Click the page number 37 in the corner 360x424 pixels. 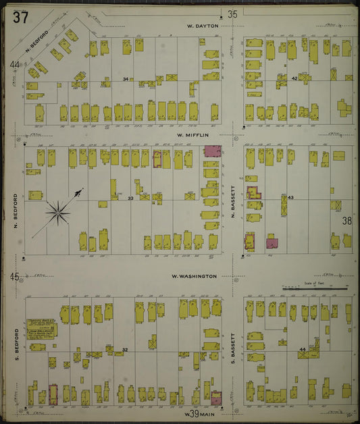coord(20,18)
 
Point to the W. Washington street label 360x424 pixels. coord(194,276)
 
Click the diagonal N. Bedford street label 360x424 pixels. coord(37,42)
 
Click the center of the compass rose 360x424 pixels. coord(59,214)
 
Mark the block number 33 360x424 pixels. coord(130,198)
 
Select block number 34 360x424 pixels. coord(125,80)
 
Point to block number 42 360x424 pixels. coord(294,79)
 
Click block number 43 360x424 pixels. coord(291,197)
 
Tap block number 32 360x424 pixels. coord(125,349)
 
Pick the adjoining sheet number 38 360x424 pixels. coord(346,221)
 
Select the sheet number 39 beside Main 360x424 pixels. coord(192,413)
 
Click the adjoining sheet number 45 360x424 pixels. coord(14,276)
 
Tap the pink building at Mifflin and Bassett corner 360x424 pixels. coord(212,151)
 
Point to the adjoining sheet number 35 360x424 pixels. coord(232,14)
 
